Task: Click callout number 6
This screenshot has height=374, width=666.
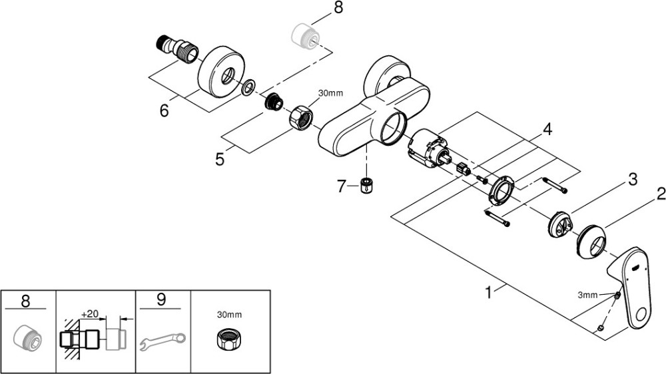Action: coord(164,110)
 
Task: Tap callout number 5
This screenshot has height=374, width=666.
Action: coord(220,159)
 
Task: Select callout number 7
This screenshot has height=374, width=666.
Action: coord(342,186)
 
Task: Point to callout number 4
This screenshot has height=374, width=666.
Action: coord(548,129)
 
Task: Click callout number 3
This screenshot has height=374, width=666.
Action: coord(633,179)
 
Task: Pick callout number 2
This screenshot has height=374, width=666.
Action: coord(661,194)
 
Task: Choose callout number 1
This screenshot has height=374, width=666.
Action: coord(488,292)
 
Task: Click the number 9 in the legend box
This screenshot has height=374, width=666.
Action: coord(161,299)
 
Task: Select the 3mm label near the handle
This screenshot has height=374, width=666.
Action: coord(587,295)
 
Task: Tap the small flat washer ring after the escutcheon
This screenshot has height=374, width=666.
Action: coord(248,87)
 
